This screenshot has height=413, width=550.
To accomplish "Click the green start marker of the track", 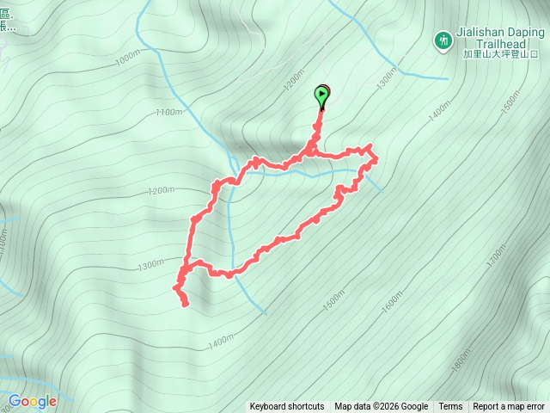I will pos(322,96).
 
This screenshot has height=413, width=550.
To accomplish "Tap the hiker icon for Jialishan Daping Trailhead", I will pos(443,40).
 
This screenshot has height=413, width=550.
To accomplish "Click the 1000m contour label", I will pos(125,59).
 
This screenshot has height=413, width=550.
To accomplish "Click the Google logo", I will pos(33,401).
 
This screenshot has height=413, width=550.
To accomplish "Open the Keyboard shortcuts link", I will pos(287,407).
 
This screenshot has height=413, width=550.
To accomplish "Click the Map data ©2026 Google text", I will pos(382,407).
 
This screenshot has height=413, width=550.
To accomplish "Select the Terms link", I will pos(450,407).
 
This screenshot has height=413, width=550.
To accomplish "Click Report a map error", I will pos(510,407).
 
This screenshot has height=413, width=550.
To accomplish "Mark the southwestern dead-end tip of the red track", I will pos(185,303).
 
